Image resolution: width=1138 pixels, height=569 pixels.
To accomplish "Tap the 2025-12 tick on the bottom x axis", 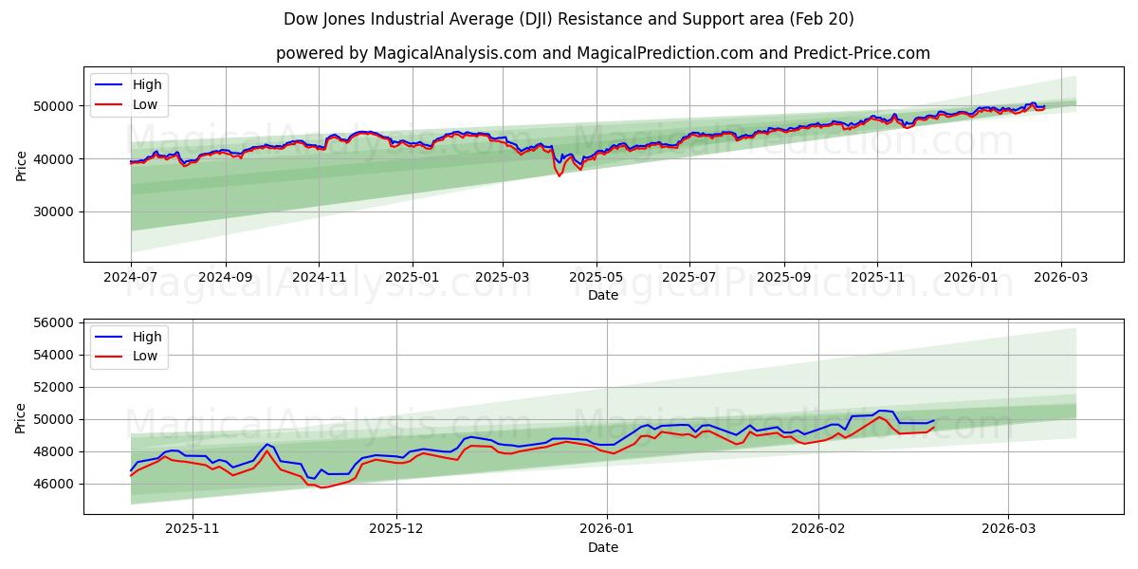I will (395, 529).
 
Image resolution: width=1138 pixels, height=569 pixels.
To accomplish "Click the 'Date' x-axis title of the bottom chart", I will (602, 547).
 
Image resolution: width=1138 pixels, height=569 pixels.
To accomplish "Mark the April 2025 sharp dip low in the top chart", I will (559, 175).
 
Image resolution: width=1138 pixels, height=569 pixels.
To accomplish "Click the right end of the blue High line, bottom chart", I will (934, 420).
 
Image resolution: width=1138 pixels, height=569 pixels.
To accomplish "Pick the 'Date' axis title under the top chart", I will (602, 295).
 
